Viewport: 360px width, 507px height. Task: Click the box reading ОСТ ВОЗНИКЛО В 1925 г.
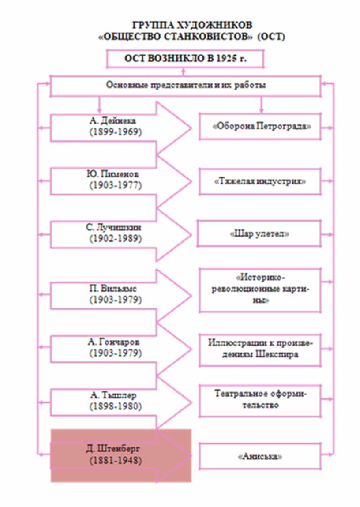coord(185,59)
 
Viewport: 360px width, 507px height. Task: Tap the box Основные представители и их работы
coord(185,86)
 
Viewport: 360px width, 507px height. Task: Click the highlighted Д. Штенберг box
coord(120,456)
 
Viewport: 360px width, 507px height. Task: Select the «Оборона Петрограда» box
coord(259,127)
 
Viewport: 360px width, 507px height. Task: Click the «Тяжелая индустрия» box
coord(259,181)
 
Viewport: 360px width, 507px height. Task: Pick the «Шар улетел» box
coord(259,234)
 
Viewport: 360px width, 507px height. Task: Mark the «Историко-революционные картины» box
coord(259,289)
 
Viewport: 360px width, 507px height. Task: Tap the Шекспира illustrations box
coord(259,349)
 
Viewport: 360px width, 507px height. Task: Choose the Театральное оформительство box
coord(259,400)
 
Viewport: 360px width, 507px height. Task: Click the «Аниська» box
coord(259,456)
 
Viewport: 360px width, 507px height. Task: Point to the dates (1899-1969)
coord(115,132)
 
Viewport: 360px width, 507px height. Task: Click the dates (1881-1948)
coord(115,461)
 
